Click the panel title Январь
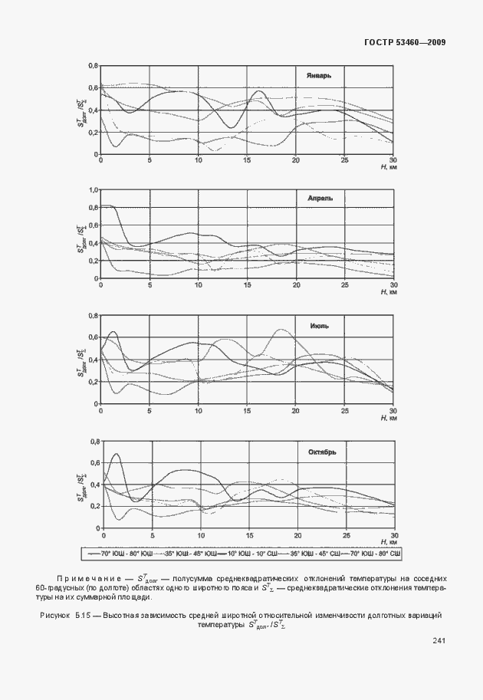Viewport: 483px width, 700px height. point(318,76)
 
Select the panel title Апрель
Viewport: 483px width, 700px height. point(320,198)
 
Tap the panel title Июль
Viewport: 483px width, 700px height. point(320,325)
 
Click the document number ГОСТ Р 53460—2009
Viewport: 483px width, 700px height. point(405,41)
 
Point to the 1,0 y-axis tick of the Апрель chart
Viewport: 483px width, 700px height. point(94,189)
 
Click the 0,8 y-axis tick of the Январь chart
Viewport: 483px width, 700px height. point(94,66)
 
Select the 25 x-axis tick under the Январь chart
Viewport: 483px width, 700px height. point(345,159)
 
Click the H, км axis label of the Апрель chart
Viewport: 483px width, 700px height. point(388,291)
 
